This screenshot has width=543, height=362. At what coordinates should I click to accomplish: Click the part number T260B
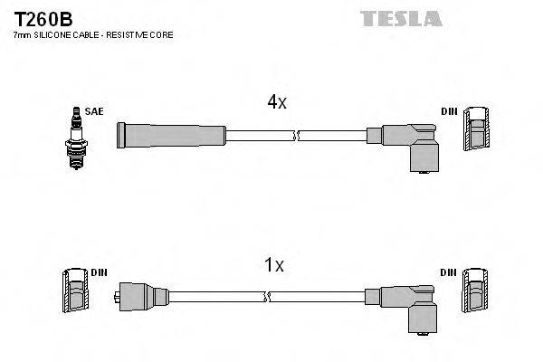click(x=42, y=17)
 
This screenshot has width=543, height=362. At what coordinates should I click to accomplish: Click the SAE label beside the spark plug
click(x=95, y=111)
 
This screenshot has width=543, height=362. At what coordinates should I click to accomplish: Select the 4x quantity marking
click(x=276, y=103)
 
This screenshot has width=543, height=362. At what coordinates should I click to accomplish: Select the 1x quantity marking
click(x=274, y=265)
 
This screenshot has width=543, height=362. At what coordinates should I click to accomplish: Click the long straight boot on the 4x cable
click(x=170, y=136)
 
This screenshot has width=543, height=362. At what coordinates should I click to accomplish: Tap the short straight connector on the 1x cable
click(x=143, y=296)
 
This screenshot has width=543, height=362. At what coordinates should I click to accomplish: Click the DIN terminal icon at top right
click(x=478, y=132)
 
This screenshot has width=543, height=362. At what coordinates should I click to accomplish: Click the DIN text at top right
click(x=449, y=111)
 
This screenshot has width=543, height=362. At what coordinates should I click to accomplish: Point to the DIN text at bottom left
click(x=99, y=272)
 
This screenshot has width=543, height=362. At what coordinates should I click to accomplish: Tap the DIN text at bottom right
click(x=449, y=272)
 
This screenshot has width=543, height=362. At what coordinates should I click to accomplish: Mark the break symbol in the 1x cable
click(x=265, y=296)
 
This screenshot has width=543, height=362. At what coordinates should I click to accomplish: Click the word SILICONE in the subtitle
click(x=53, y=34)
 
